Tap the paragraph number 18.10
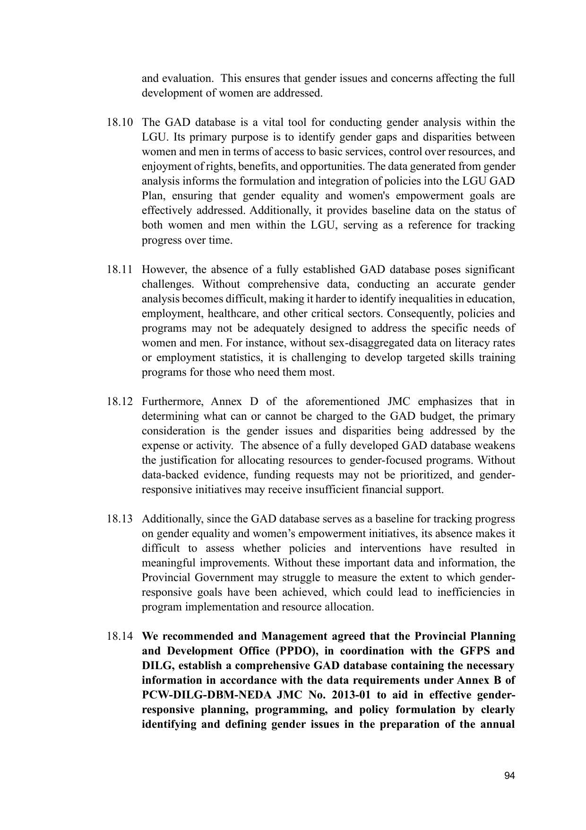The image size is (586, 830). [120, 123]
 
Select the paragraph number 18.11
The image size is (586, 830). [120, 270]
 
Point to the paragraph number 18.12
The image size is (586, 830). [120, 402]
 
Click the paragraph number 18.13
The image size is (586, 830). [120, 519]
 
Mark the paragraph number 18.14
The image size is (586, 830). [120, 636]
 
